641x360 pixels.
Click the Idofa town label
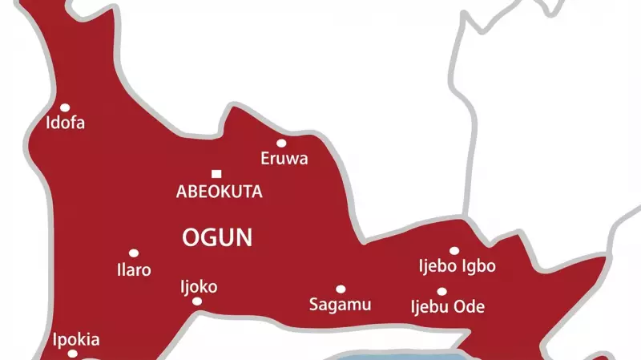(x=65, y=123)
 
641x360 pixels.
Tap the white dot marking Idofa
(x=65, y=107)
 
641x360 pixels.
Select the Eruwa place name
(x=284, y=159)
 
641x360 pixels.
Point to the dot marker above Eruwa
(x=281, y=144)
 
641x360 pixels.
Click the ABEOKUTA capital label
(x=219, y=192)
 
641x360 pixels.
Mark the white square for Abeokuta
(x=216, y=174)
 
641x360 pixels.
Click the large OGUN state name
(x=217, y=237)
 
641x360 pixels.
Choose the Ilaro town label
(x=134, y=270)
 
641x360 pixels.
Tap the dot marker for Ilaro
(x=134, y=253)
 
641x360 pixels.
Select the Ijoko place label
(x=199, y=286)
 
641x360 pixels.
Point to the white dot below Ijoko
(x=197, y=301)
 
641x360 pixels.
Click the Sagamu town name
(x=340, y=305)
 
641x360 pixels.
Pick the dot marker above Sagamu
(x=341, y=289)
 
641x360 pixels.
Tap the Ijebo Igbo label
(x=458, y=266)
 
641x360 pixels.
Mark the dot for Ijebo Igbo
(x=454, y=251)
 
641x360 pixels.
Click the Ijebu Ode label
(x=447, y=307)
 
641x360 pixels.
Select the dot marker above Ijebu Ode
(x=441, y=292)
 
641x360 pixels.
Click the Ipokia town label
(x=76, y=339)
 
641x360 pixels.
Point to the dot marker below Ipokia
(x=72, y=354)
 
